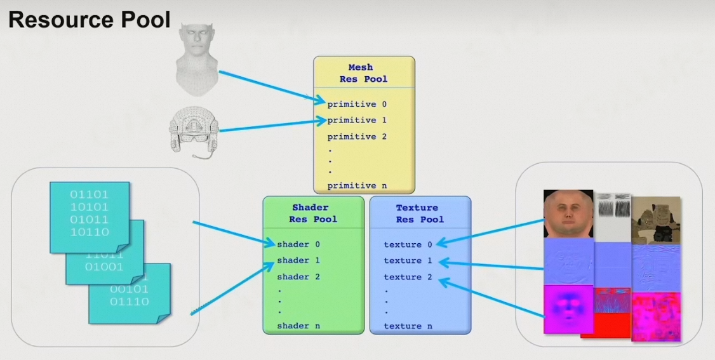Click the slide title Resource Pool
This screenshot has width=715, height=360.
90,20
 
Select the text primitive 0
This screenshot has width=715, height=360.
357,104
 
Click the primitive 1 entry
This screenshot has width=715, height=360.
357,120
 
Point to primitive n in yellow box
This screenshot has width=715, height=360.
357,185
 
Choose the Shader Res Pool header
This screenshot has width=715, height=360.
313,213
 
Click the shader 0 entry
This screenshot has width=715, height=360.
298,244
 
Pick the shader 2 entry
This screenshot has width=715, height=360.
298,277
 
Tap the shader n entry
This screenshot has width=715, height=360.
298,326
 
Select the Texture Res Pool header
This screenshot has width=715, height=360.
420,213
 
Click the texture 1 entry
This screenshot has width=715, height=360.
408,260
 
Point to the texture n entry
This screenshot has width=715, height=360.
408,326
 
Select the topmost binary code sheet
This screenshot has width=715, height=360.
89,213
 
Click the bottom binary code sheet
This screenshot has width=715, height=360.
130,295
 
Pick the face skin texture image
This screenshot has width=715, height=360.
568,214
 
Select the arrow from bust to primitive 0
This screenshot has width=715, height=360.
270,86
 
